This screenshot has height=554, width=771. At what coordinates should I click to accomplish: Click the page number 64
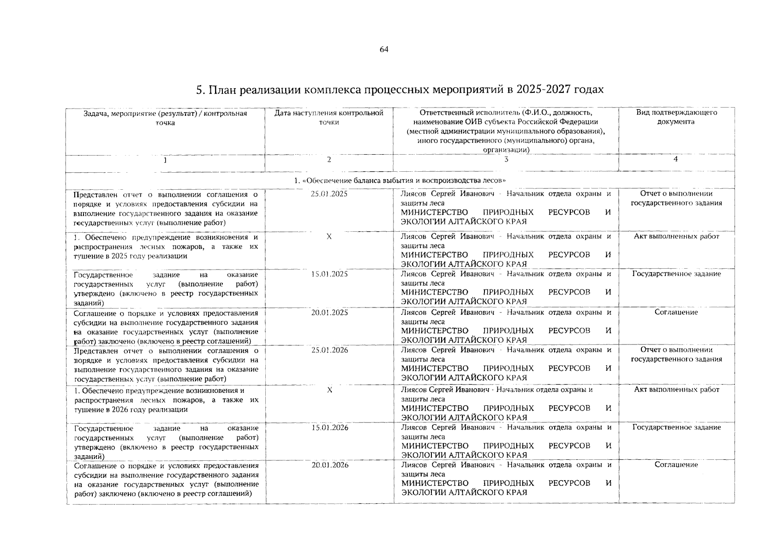[384, 49]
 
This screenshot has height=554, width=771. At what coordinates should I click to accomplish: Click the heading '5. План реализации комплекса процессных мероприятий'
[399, 89]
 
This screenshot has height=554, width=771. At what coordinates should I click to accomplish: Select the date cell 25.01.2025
[329, 194]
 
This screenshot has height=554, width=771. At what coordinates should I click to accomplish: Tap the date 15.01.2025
[329, 274]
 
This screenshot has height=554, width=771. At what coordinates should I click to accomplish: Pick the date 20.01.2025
[329, 313]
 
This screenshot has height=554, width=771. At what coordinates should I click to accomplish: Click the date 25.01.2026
[329, 350]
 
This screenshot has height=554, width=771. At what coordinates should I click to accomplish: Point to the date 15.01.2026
[329, 428]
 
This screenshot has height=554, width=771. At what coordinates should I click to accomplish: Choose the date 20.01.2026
[329, 465]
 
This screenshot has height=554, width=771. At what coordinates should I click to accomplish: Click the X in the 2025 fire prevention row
[329, 236]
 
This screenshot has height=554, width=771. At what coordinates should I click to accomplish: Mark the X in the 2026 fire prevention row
[329, 390]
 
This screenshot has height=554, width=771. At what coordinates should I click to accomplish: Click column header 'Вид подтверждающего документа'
[676, 117]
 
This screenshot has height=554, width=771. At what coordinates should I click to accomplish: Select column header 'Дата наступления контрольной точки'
[329, 117]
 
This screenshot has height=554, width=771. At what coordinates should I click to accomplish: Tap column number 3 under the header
[506, 159]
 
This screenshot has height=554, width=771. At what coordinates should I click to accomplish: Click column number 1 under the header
[165, 160]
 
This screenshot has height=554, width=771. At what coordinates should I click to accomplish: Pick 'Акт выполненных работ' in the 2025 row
[676, 236]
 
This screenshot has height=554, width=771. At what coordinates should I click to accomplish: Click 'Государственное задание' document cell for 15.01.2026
[676, 428]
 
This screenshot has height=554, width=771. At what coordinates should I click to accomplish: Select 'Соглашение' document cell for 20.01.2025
[676, 313]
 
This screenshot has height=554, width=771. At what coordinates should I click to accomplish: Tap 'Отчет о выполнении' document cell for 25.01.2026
[676, 355]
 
